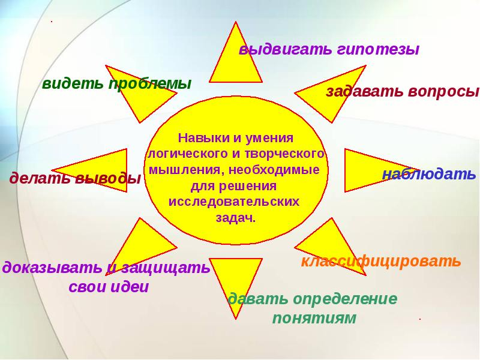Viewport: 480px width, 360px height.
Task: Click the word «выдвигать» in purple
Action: [285, 49]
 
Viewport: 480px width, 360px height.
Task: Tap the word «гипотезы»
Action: [378, 49]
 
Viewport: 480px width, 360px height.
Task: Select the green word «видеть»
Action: [73, 83]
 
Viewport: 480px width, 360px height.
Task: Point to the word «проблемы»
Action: [150, 83]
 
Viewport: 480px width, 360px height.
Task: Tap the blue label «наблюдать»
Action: [429, 174]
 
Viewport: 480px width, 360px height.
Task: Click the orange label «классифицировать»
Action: [381, 261]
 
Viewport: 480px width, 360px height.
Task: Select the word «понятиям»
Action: [314, 319]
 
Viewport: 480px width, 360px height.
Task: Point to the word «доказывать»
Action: [52, 268]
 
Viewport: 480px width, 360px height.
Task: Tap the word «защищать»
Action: [166, 268]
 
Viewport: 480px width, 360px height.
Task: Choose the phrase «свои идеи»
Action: [109, 287]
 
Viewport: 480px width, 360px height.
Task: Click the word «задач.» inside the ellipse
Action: [235, 218]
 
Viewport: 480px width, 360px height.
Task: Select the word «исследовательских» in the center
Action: [234, 202]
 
